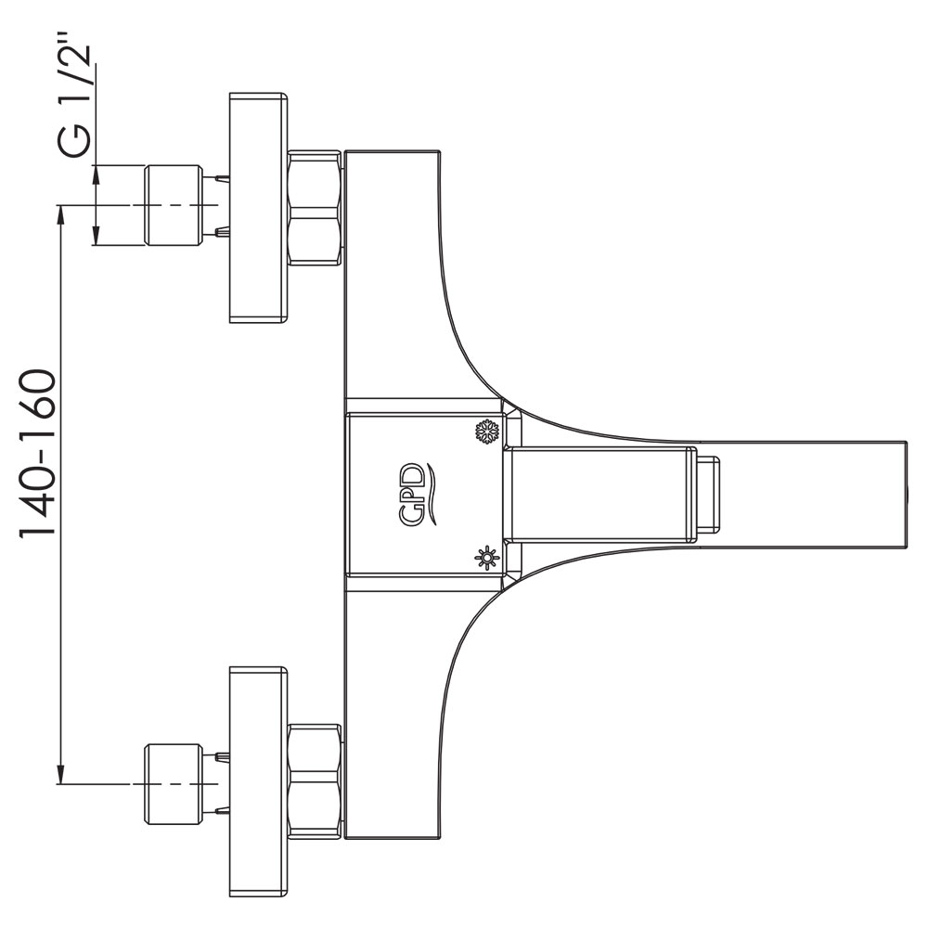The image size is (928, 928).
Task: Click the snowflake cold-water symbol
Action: pyautogui.click(x=488, y=432)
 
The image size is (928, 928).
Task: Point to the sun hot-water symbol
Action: pyautogui.click(x=487, y=558)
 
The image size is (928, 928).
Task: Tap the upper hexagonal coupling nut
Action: pyautogui.click(x=316, y=208)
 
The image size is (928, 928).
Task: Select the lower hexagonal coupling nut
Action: pyautogui.click(x=316, y=782)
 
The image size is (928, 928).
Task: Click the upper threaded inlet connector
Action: pyautogui.click(x=174, y=205)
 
